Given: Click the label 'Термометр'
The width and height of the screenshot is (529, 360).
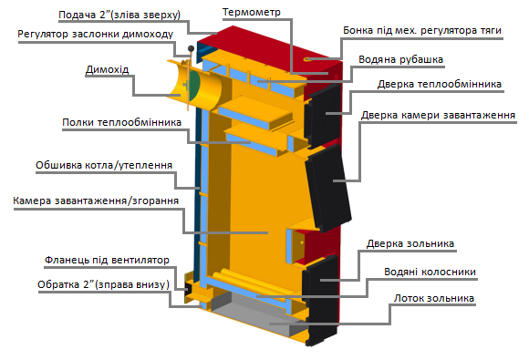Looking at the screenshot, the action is point(252,12).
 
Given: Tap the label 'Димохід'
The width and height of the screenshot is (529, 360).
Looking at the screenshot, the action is point(107,69).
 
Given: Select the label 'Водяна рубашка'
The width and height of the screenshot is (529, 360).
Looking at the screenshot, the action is point(400,59).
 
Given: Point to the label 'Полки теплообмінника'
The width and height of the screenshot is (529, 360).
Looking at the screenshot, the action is point(122,122).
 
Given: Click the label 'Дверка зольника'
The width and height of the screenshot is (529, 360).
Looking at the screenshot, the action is point(410,243).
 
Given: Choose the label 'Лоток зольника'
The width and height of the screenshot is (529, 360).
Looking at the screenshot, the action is point(434,298).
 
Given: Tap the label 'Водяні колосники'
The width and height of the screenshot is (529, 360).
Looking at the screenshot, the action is point(430,272).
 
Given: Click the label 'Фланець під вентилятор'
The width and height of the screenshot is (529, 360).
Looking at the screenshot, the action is point(107,261).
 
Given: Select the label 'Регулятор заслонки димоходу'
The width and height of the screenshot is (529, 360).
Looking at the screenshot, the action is point(96,34).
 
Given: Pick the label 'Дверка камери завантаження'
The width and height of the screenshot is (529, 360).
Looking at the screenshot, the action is point(438,115).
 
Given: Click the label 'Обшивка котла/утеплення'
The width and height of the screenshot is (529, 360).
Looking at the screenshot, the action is point(104,165).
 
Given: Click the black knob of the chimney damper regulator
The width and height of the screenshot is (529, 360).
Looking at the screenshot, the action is point(191,49).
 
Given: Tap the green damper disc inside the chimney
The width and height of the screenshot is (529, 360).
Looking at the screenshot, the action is point(194,86).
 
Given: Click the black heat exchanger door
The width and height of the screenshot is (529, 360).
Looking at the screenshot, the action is point(323,115).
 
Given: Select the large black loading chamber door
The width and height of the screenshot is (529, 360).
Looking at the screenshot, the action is point(329,188).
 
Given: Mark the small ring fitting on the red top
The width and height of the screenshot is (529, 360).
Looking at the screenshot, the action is point(307,59).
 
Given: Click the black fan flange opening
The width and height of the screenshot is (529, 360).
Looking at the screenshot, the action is point(187,291).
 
